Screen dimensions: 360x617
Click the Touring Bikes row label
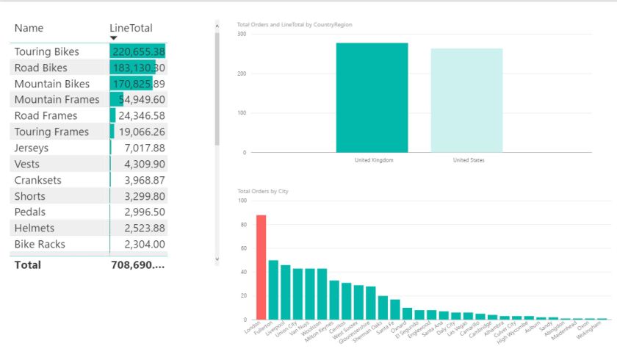[x=46, y=51]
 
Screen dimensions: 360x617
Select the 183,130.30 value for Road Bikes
[x=138, y=68]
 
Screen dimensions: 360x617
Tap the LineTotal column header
[x=131, y=28]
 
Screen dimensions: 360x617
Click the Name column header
[x=29, y=28]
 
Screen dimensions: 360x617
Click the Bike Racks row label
[x=40, y=244]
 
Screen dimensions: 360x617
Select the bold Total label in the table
[x=27, y=264]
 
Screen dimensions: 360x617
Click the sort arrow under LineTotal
[x=114, y=38]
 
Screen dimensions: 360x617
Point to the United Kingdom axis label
[x=373, y=160]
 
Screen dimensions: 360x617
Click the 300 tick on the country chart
[x=242, y=34]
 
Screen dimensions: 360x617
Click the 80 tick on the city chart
[x=242, y=224]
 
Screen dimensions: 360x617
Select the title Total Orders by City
[x=263, y=191]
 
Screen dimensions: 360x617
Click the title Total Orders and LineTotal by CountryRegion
[x=295, y=24]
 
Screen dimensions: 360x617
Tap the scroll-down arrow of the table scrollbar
[x=217, y=259]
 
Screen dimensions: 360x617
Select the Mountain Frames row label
[x=57, y=99]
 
